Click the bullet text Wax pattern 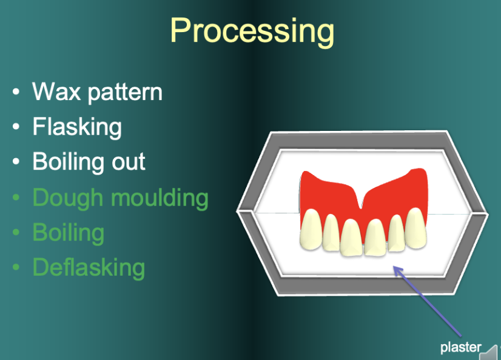click(x=98, y=92)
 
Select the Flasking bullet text click(x=77, y=127)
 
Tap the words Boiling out click(x=89, y=161)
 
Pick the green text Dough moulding click(x=121, y=198)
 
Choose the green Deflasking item click(x=89, y=267)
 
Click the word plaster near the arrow click(x=461, y=347)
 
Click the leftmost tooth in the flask click(x=311, y=230)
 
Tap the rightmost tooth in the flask click(x=415, y=228)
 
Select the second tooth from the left click(x=331, y=233)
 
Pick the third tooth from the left click(x=351, y=238)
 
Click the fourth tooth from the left click(x=376, y=238)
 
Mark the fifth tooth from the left click(x=397, y=233)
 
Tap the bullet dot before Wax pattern click(x=16, y=92)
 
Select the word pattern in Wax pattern click(x=125, y=93)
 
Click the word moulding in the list click(x=160, y=198)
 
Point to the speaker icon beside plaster click(x=490, y=353)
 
